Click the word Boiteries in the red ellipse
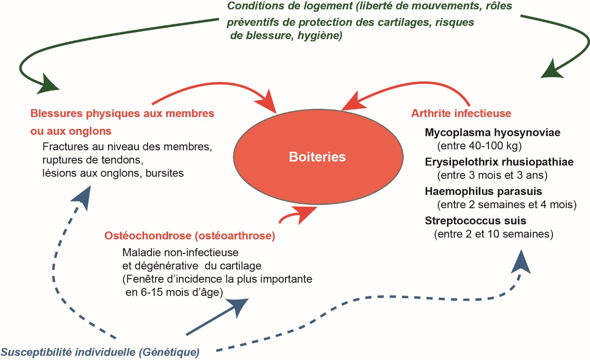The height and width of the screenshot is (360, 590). pyautogui.click(x=317, y=157)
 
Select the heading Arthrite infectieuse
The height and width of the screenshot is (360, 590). pyautogui.click(x=461, y=114)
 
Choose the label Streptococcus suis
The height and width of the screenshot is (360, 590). pyautogui.click(x=475, y=221)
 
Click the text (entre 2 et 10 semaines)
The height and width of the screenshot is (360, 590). pyautogui.click(x=493, y=234)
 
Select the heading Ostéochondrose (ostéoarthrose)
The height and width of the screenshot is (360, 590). pyautogui.click(x=190, y=235)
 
